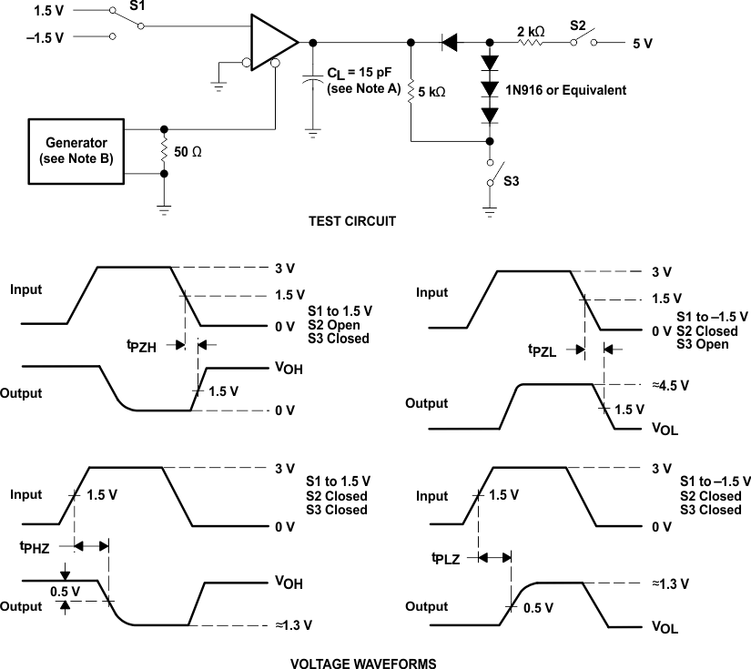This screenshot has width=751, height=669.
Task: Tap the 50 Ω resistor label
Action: coord(189,152)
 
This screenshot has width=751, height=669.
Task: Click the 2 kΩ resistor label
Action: coord(531,31)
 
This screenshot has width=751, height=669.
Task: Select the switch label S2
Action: coord(579,25)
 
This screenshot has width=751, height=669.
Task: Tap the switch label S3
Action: coord(511,181)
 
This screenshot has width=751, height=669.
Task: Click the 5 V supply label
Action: coord(643,43)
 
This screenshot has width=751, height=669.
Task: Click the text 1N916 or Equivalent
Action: coord(568,90)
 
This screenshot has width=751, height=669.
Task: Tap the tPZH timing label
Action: coord(143,346)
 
